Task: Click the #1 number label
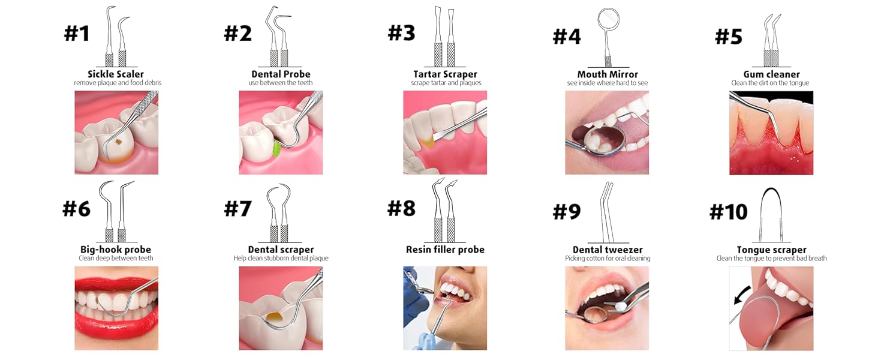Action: click(77, 33)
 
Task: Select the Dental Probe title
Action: click(281, 74)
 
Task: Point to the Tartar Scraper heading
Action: click(445, 74)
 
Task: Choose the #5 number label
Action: click(729, 36)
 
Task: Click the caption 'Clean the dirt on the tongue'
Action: click(770, 83)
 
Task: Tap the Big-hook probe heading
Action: click(116, 250)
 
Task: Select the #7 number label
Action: click(238, 208)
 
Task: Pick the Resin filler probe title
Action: click(445, 250)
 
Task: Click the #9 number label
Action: click(567, 211)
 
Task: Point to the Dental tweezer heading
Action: click(608, 250)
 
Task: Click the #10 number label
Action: click(728, 211)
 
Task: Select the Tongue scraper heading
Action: click(771, 250)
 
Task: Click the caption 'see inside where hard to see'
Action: click(607, 83)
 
